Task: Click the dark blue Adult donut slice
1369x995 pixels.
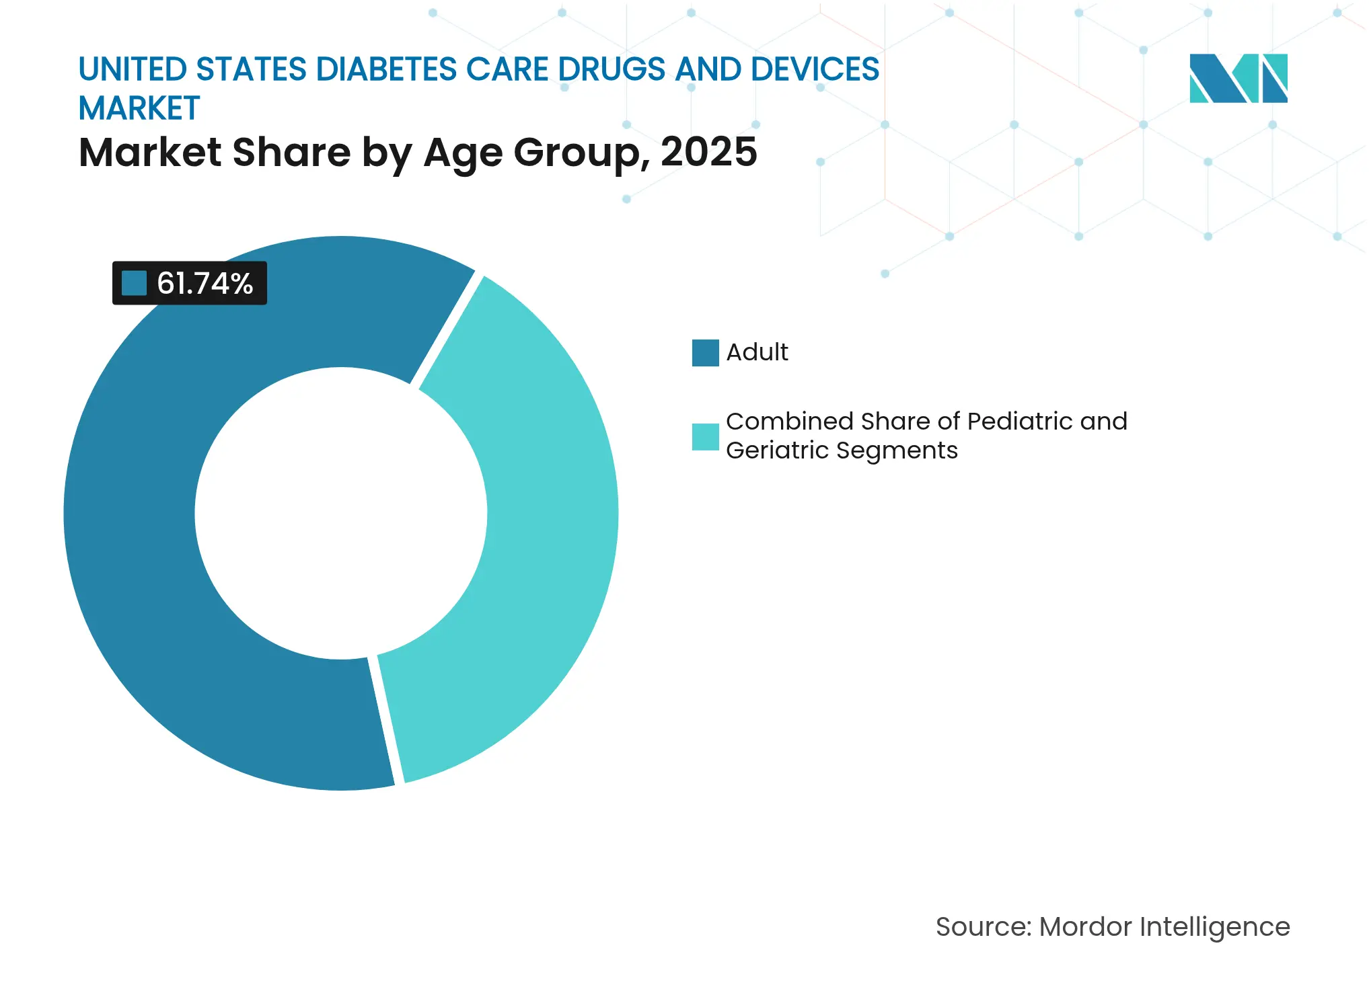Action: (x=135, y=538)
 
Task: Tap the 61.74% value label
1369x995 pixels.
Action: (x=205, y=283)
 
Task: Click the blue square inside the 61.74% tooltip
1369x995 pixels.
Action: (x=134, y=283)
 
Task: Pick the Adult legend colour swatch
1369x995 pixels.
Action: (x=705, y=352)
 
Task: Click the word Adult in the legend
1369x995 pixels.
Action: (x=757, y=352)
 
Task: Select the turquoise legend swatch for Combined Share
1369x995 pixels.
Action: (x=705, y=436)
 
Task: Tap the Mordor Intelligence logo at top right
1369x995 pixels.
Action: (x=1238, y=78)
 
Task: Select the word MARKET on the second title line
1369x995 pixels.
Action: (x=139, y=108)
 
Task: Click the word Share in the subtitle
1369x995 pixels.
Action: (x=291, y=152)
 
